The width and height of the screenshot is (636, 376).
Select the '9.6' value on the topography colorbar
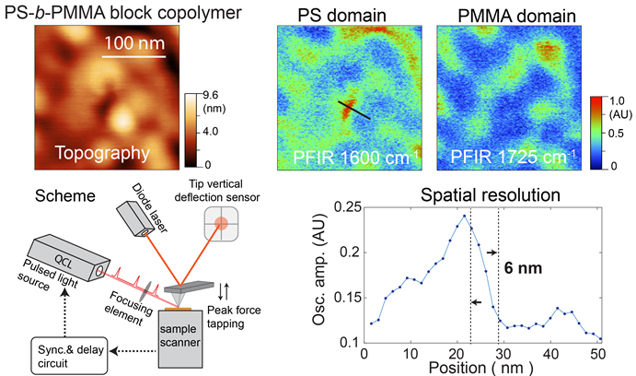pyautogui.click(x=211, y=95)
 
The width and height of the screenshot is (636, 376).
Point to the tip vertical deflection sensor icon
pyautogui.click(x=224, y=226)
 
